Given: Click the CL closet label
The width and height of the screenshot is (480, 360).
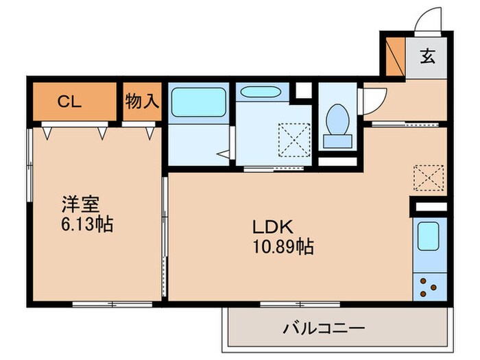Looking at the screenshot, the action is [x=69, y=101].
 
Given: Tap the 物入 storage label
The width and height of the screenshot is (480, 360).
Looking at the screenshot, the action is [x=143, y=101].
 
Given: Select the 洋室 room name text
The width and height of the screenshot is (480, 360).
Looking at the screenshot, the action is [x=81, y=204].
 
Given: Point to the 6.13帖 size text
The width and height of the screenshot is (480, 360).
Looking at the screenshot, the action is [x=87, y=224].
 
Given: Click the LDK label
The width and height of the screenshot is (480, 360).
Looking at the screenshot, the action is [x=273, y=227].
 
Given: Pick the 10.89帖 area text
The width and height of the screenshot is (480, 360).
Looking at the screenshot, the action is [x=283, y=246].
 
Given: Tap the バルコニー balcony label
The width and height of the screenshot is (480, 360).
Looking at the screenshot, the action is [x=324, y=328].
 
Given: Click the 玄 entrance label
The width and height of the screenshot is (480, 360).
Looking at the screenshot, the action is [x=428, y=56].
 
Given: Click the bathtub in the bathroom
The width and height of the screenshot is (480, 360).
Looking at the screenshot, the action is [x=199, y=102].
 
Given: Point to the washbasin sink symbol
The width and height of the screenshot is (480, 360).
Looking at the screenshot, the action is [x=261, y=92].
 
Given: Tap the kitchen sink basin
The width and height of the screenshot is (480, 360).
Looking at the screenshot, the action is [x=429, y=237].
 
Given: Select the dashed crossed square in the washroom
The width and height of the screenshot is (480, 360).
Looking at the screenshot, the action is [x=294, y=140].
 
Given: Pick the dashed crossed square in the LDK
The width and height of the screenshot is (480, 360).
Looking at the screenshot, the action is [x=429, y=178].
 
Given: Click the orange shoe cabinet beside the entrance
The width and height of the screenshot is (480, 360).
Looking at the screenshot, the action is [x=396, y=57].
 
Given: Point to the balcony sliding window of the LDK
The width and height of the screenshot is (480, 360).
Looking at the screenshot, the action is [x=300, y=304].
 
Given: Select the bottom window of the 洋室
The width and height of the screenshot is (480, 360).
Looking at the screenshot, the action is [x=112, y=304].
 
